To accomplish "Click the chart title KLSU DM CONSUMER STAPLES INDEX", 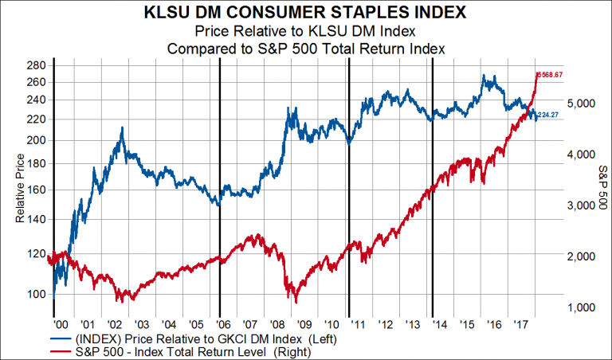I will point(305,13).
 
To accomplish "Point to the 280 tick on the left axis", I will point(36,65).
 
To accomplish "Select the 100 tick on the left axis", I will point(36,294).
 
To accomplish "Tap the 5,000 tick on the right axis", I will point(579,104).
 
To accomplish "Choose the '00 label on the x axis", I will point(61,325).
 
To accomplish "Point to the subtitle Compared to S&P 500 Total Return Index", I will point(305,48).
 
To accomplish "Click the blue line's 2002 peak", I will point(121,127).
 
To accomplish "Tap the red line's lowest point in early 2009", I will point(296,303).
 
